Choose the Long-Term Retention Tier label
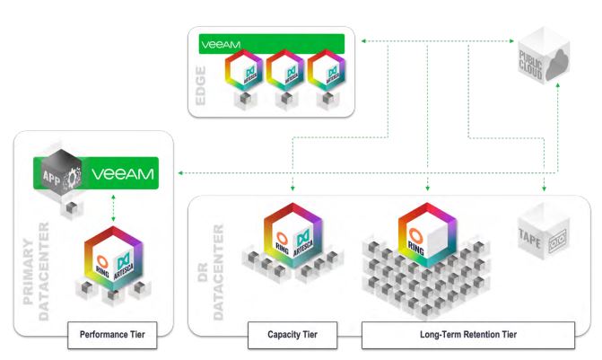click(467, 336)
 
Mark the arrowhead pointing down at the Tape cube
click(545, 190)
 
